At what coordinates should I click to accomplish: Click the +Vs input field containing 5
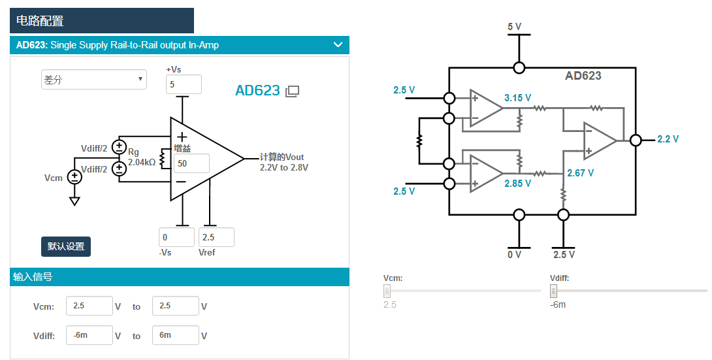tap(184, 84)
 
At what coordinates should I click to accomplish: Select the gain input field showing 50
tap(191, 163)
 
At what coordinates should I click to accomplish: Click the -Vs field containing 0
tap(176, 237)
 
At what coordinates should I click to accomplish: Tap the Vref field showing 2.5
tap(216, 237)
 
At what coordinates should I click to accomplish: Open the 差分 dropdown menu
tap(94, 80)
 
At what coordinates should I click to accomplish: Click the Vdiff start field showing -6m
tap(89, 335)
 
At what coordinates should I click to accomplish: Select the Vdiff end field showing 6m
tap(175, 335)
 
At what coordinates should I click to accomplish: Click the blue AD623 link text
tap(257, 91)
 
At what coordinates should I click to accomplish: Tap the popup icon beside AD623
tap(292, 91)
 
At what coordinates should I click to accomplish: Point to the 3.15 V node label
tap(517, 98)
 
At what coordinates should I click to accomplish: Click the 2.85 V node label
tap(517, 184)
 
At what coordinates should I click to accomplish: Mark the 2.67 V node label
tap(580, 173)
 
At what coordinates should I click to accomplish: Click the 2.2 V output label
tap(668, 139)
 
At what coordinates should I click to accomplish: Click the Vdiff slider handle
tap(554, 291)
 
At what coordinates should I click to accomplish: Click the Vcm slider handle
tap(387, 291)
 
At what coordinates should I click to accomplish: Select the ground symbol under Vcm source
tap(74, 201)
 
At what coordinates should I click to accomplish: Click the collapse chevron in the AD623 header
tap(338, 45)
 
